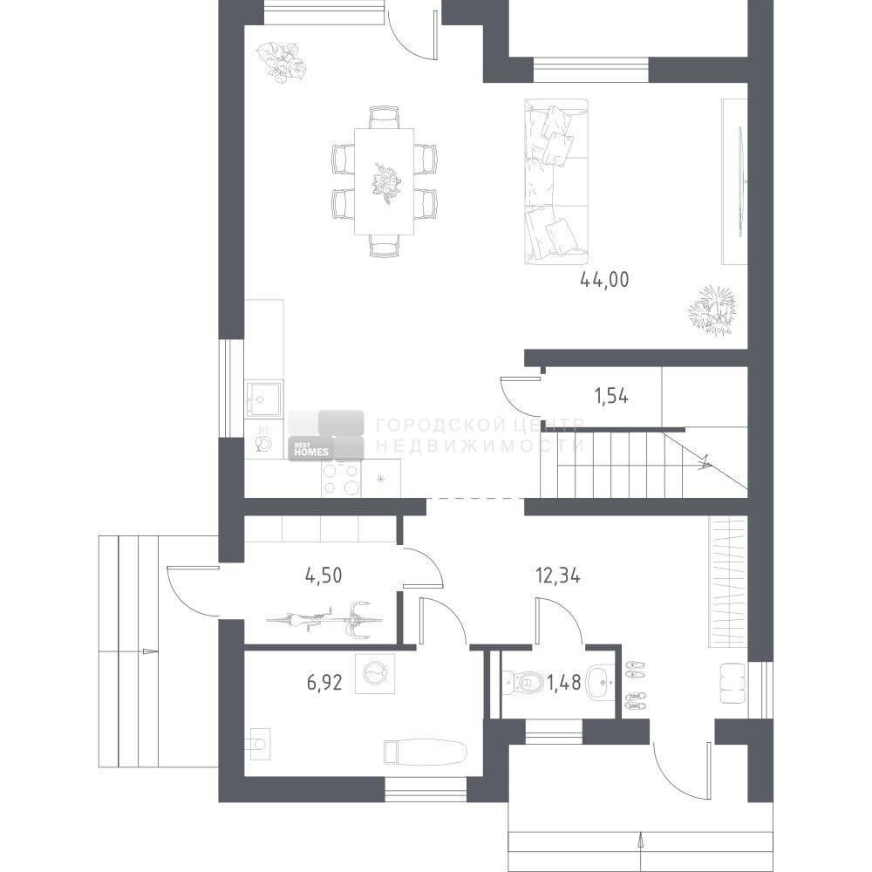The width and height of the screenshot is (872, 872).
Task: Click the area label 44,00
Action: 604,279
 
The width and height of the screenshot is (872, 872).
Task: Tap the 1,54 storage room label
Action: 612,397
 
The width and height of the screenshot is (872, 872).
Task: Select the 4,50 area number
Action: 324,575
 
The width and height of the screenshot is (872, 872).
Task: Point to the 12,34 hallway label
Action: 558,576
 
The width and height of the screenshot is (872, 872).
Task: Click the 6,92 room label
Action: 324,682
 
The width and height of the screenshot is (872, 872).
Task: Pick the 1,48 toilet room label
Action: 564,682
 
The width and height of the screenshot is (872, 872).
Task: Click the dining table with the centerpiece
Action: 385,181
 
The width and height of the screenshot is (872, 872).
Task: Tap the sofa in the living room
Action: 556,181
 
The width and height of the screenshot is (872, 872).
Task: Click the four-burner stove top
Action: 342,480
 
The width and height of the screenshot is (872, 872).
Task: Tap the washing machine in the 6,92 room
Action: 375,673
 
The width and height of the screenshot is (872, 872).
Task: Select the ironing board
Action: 426,752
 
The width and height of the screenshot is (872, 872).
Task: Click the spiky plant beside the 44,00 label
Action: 712,310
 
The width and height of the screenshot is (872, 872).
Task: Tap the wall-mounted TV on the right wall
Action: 740,182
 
